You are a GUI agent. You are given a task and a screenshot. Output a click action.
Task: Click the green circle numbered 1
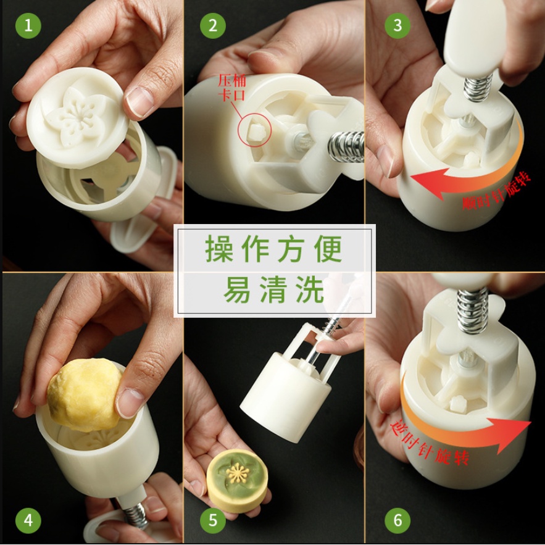pos(28,26)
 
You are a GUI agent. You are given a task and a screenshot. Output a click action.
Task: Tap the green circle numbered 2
pos(213,26)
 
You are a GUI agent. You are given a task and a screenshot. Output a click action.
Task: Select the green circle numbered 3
pos(397,26)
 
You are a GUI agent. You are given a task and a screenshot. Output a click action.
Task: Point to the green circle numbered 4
pos(28,520)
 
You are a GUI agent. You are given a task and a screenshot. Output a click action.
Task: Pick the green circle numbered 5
pos(213,520)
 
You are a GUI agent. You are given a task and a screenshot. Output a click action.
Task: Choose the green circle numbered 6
pos(397,520)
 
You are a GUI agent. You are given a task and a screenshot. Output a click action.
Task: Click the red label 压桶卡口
pos(232,88)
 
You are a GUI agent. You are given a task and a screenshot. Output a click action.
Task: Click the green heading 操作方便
pos(274,249)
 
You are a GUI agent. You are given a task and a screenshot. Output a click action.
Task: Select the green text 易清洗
pos(274,290)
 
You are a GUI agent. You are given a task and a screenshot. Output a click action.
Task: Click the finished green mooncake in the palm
pos(238,477)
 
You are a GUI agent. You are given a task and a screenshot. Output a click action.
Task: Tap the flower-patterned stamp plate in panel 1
pos(77,117)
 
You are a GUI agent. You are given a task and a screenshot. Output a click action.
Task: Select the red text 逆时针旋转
pos(430,442)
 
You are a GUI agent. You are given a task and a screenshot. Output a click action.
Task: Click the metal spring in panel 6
pos(472,311)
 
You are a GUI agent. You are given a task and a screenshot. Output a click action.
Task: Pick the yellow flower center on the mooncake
pos(238,473)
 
